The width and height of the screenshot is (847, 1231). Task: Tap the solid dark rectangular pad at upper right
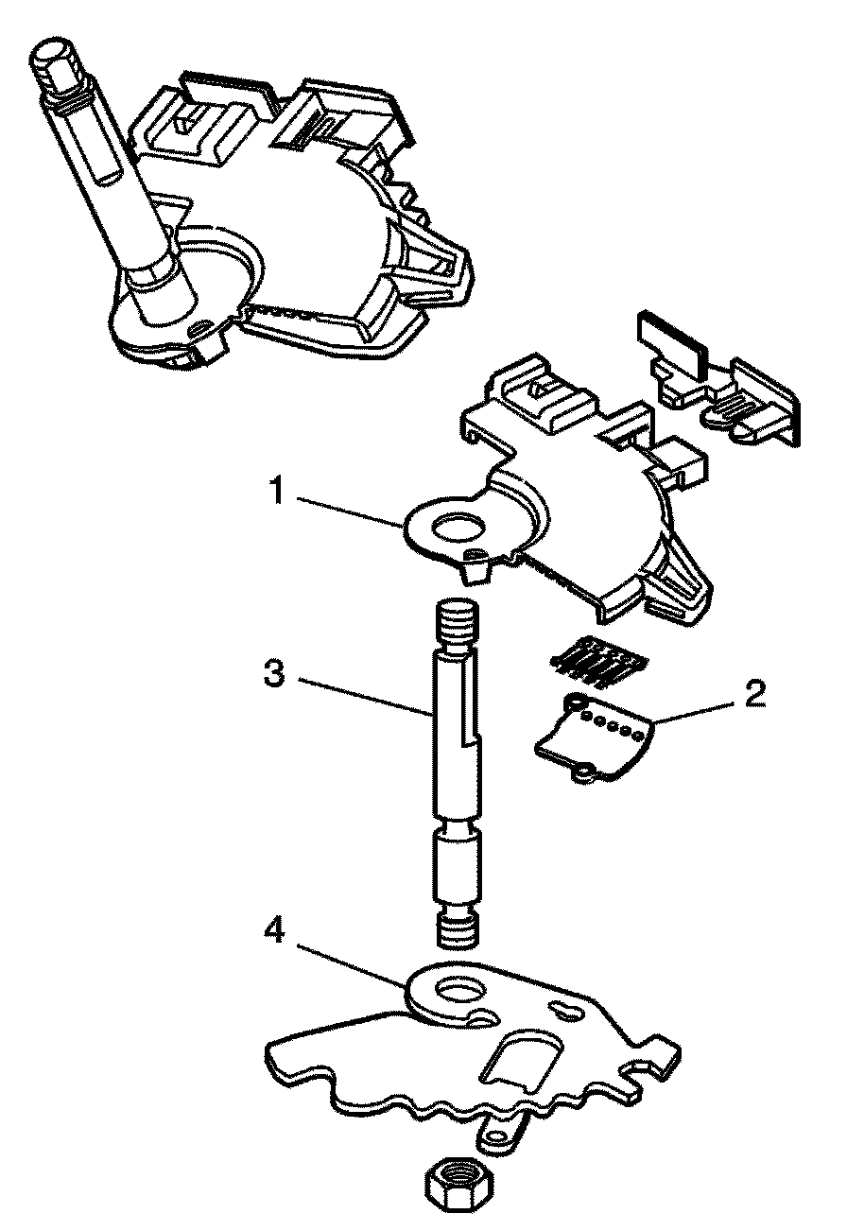pyautogui.click(x=672, y=340)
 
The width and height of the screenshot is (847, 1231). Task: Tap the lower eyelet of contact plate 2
pyautogui.click(x=581, y=773)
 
